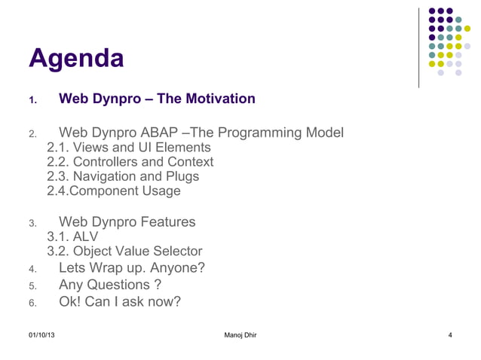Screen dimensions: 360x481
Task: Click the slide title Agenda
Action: [x=76, y=59]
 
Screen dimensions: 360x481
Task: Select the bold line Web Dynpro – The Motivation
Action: [x=157, y=99]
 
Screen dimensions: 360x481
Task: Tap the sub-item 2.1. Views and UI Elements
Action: [x=129, y=148]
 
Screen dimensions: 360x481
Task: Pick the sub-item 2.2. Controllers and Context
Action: [x=130, y=162]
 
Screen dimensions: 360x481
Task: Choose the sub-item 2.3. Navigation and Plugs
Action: [x=123, y=176]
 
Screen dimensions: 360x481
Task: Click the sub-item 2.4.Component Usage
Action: [x=114, y=191]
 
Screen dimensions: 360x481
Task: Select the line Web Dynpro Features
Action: [x=127, y=222]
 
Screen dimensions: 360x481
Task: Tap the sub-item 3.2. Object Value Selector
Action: [x=124, y=252]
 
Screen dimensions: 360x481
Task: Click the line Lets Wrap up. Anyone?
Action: [x=131, y=268]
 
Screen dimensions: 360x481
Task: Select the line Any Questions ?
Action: [x=109, y=285]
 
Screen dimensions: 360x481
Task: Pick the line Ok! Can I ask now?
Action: [x=120, y=302]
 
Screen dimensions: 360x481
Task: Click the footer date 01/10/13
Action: [x=41, y=334]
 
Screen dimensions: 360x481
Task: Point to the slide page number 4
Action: [x=449, y=334]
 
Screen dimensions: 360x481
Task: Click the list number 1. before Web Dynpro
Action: [x=32, y=100]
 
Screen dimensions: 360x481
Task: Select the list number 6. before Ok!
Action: [x=32, y=304]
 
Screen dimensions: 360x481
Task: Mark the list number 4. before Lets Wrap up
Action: [x=32, y=270]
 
